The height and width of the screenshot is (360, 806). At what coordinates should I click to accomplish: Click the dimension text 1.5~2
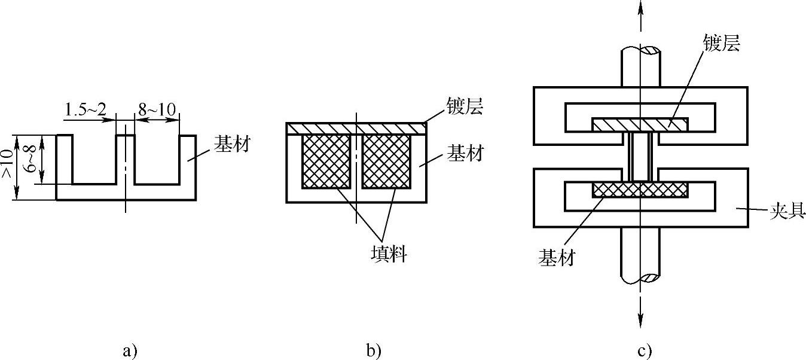click(86, 109)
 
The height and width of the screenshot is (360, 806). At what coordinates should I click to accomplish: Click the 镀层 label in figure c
click(722, 44)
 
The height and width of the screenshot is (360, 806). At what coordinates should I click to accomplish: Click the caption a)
click(130, 350)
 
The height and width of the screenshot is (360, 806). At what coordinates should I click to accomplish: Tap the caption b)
click(374, 350)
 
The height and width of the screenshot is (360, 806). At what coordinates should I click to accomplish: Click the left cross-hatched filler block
click(326, 161)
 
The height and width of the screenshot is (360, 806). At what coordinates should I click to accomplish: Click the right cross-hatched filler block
click(387, 161)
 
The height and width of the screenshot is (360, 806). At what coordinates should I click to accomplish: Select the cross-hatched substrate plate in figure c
click(640, 190)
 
